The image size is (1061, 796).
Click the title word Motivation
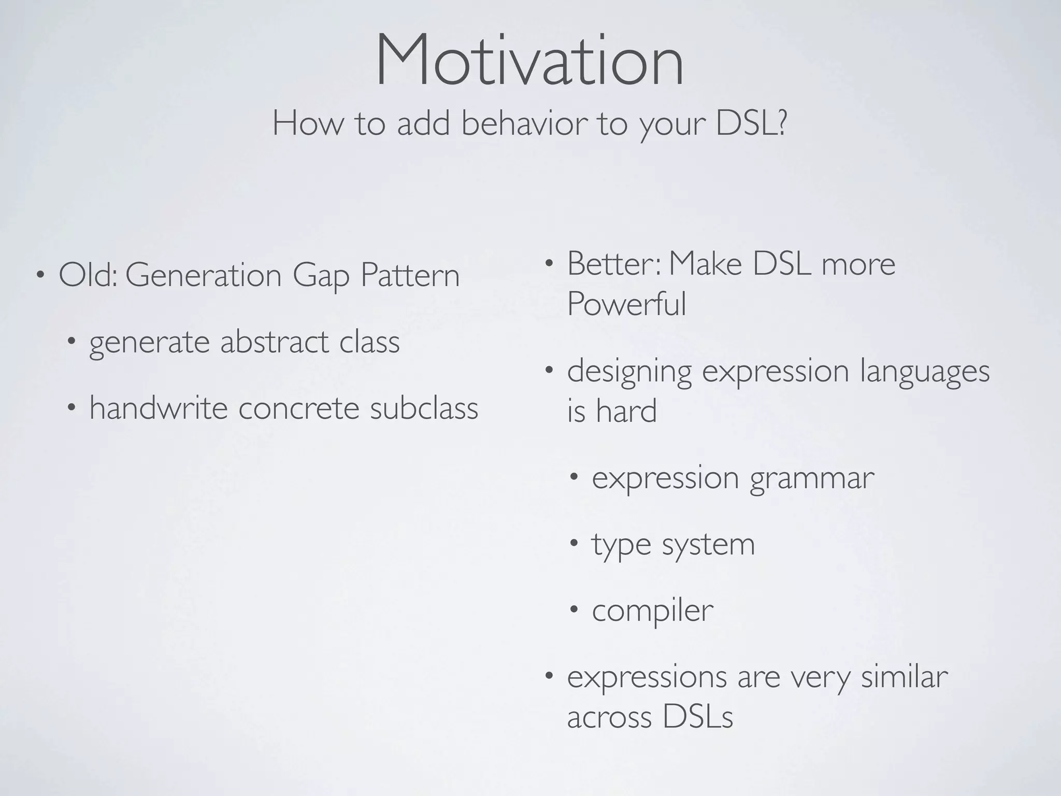pyautogui.click(x=529, y=61)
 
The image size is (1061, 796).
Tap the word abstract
pyautogui.click(x=275, y=342)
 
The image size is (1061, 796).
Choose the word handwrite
pyautogui.click(x=159, y=408)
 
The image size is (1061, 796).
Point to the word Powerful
pyautogui.click(x=626, y=304)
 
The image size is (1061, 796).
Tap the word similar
pyautogui.click(x=904, y=677)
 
